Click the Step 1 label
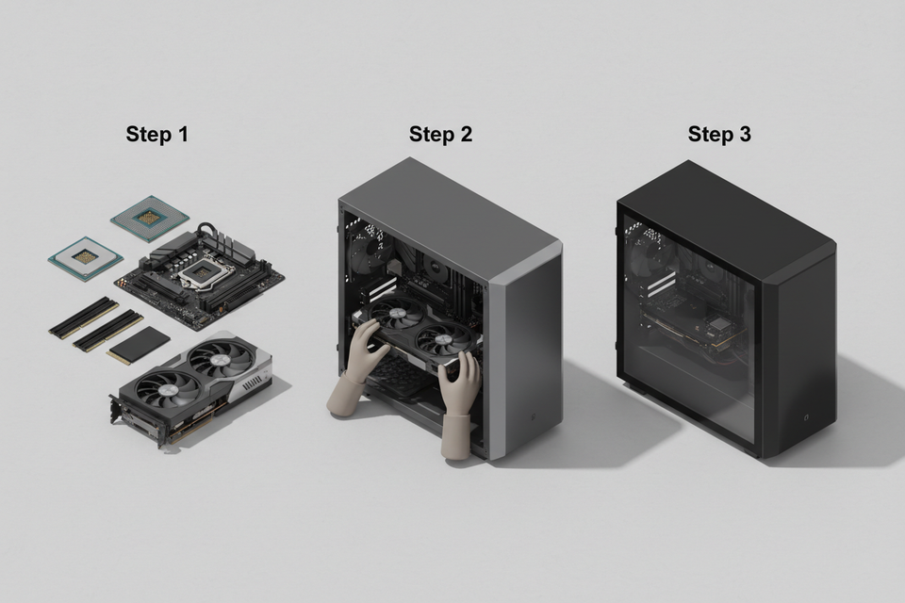pyautogui.click(x=157, y=135)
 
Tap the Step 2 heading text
pyautogui.click(x=440, y=135)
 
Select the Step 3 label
pyautogui.click(x=719, y=135)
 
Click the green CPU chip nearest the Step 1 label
pyautogui.click(x=149, y=218)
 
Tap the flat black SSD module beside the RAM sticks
pyautogui.click(x=139, y=346)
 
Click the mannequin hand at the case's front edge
pyautogui.click(x=461, y=405)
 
